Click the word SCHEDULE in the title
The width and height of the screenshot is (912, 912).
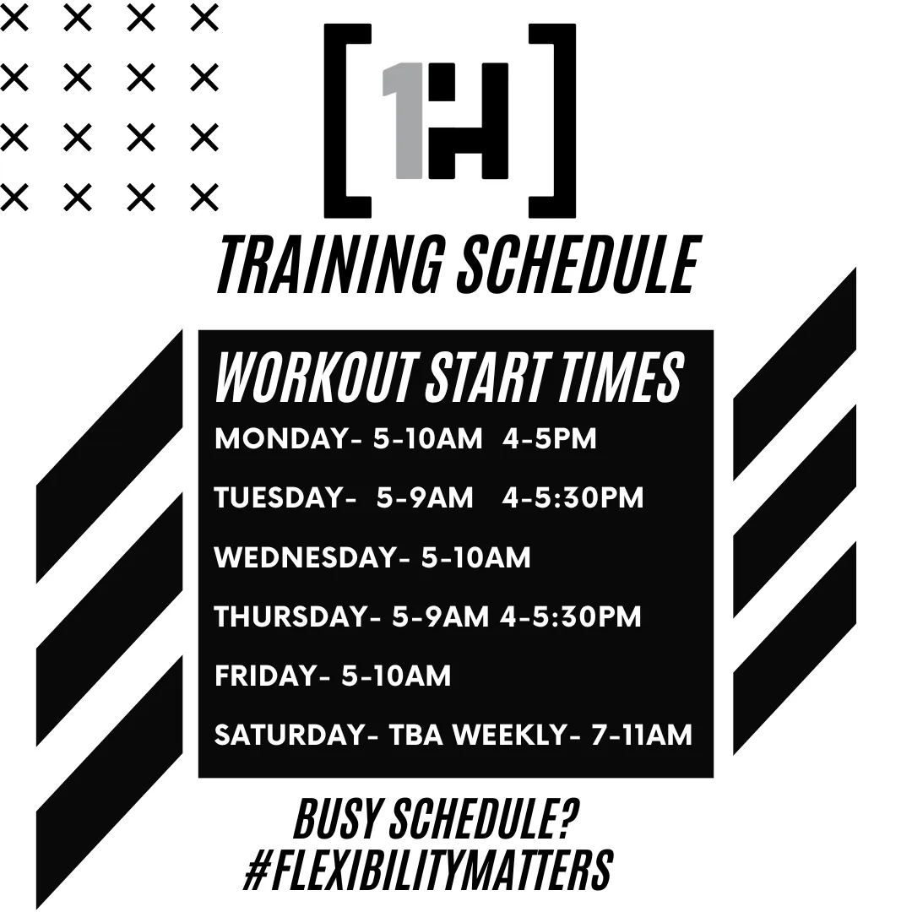[x=578, y=264]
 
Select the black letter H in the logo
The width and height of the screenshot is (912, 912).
[x=468, y=121]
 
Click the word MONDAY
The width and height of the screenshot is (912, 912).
[x=281, y=438]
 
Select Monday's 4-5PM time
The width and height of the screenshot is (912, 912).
[x=550, y=438]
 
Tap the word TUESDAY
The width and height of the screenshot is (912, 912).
[x=280, y=498]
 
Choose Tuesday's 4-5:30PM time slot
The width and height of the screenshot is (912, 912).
[x=573, y=498]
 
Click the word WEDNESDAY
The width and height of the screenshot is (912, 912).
[x=306, y=557]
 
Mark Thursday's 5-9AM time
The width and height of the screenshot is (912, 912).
[x=440, y=616]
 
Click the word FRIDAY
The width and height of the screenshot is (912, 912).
[x=266, y=676]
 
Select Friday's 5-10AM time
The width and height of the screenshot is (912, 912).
[x=396, y=676]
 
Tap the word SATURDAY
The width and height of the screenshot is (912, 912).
[x=290, y=736]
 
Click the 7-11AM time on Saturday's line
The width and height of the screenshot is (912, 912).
[x=642, y=736]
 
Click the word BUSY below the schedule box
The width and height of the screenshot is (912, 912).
[x=336, y=819]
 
